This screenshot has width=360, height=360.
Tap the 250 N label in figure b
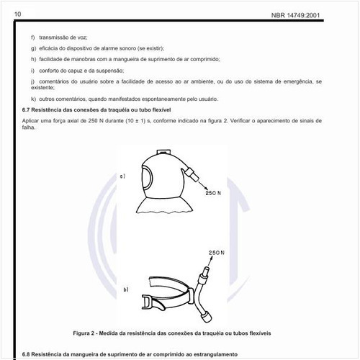click(x=216, y=253)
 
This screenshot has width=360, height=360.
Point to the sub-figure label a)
click(x=123, y=175)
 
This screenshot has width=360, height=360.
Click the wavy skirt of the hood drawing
click(x=167, y=209)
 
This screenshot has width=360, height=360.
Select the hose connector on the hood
click(x=193, y=173)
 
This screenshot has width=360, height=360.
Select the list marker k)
click(x=33, y=98)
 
